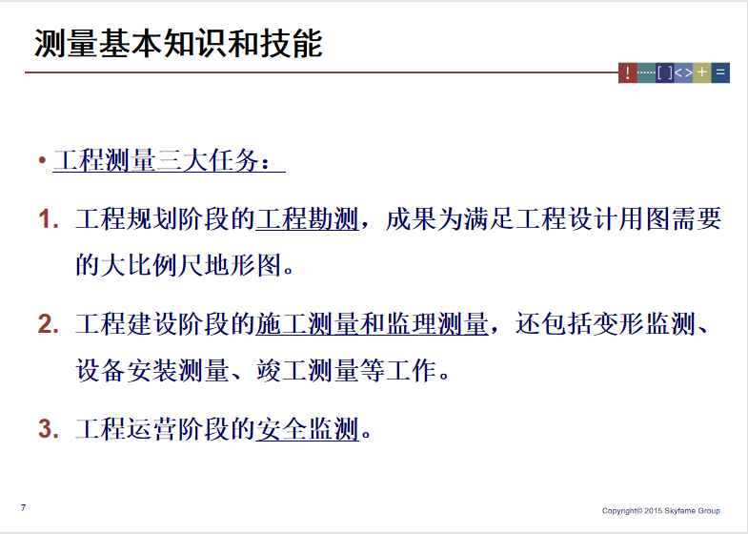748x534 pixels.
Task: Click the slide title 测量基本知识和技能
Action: point(178,44)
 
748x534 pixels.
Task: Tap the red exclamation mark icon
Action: point(627,72)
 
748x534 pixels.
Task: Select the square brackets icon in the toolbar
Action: point(664,72)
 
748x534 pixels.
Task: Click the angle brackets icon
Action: point(683,72)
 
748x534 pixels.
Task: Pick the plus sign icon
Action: point(701,72)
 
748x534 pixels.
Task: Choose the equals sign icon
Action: point(720,72)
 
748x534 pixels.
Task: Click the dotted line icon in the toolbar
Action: point(646,72)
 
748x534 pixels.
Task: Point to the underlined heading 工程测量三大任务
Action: point(162,160)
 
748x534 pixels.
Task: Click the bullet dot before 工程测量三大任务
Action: point(43,160)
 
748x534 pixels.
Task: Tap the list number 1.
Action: point(49,219)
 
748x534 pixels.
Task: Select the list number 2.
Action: point(49,324)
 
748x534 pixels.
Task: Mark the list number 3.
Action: point(49,429)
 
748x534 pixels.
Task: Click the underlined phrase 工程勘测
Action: point(307,219)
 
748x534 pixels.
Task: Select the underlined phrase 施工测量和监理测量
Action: point(372,324)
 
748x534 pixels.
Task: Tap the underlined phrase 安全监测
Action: point(307,428)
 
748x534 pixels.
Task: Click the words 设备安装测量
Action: point(152,370)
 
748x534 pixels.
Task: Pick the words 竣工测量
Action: point(307,370)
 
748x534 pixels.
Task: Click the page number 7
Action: point(23,507)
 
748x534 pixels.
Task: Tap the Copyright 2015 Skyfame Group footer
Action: point(660,510)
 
